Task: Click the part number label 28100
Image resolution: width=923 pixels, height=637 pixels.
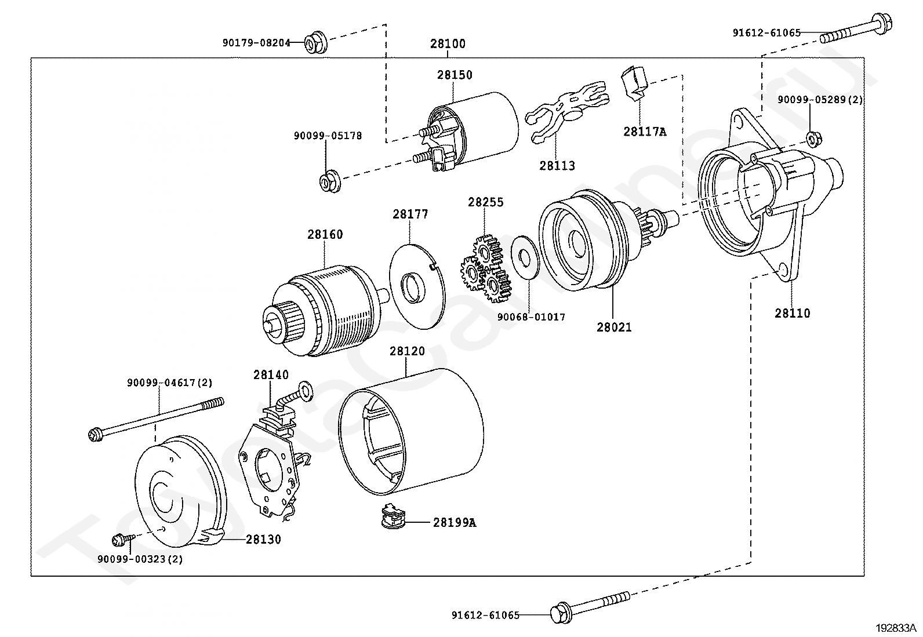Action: (448, 43)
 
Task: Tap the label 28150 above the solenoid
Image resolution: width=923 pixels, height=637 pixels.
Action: (455, 75)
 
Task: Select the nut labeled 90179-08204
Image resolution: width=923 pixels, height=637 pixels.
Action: (316, 42)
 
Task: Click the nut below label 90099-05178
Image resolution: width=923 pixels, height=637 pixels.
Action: (330, 181)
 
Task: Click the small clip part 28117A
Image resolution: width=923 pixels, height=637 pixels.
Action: (634, 83)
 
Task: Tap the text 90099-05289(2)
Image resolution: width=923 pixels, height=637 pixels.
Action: (820, 100)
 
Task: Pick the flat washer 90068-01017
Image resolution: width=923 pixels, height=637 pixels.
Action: (525, 257)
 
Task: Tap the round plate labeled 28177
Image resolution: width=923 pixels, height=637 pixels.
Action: (417, 287)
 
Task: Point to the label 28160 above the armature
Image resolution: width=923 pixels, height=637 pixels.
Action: (325, 234)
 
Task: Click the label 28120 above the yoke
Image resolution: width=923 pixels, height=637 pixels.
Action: (407, 351)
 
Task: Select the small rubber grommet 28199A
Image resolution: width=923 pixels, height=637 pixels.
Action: (393, 516)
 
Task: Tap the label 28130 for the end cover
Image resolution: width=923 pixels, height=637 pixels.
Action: (263, 540)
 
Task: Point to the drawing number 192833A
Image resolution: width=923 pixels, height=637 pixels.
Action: (896, 628)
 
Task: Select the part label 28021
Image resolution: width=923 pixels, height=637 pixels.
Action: (614, 327)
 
